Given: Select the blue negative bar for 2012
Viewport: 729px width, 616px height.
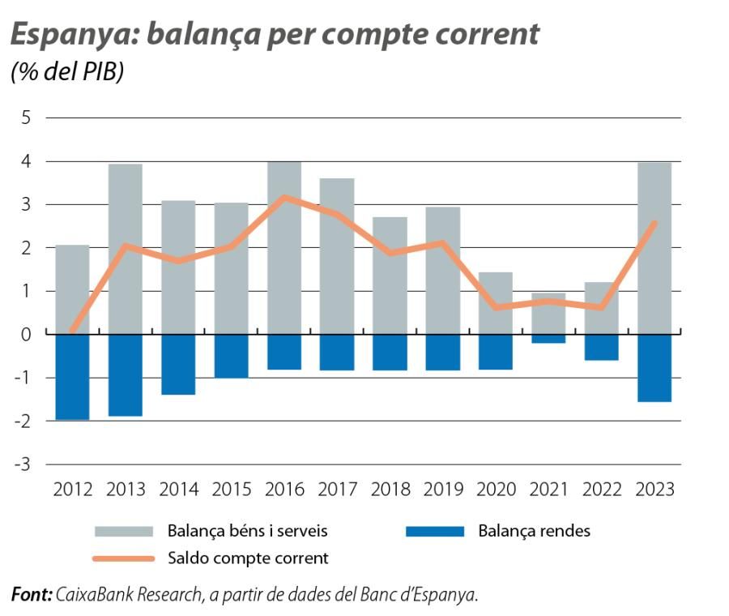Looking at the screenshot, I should click(x=72, y=377).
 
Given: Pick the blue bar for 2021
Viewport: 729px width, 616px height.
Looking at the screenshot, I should click(x=548, y=339).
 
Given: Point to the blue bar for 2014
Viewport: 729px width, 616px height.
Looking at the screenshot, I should click(x=178, y=365).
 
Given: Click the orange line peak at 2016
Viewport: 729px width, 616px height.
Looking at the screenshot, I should click(x=284, y=197).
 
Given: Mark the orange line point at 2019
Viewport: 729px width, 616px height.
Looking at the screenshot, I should click(x=443, y=242).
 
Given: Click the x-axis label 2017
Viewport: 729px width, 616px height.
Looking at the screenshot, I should click(x=337, y=490).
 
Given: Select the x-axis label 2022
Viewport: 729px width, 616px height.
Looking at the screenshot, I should click(x=602, y=490).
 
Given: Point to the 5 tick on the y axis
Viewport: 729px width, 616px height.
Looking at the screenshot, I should click(x=26, y=118).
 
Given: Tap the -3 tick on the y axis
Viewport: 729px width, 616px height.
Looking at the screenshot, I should click(x=23, y=464).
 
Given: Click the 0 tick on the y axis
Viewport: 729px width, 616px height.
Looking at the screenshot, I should click(x=26, y=334).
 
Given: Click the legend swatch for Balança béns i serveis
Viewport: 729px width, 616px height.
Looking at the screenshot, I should click(x=124, y=532).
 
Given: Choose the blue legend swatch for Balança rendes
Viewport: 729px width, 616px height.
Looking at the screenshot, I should click(x=434, y=532).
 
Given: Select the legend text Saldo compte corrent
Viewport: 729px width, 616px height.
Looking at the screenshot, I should click(x=248, y=558).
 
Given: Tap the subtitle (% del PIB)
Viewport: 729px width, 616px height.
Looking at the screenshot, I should click(x=66, y=73).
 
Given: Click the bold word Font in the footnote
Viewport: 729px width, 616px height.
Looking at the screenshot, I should click(x=31, y=595).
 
